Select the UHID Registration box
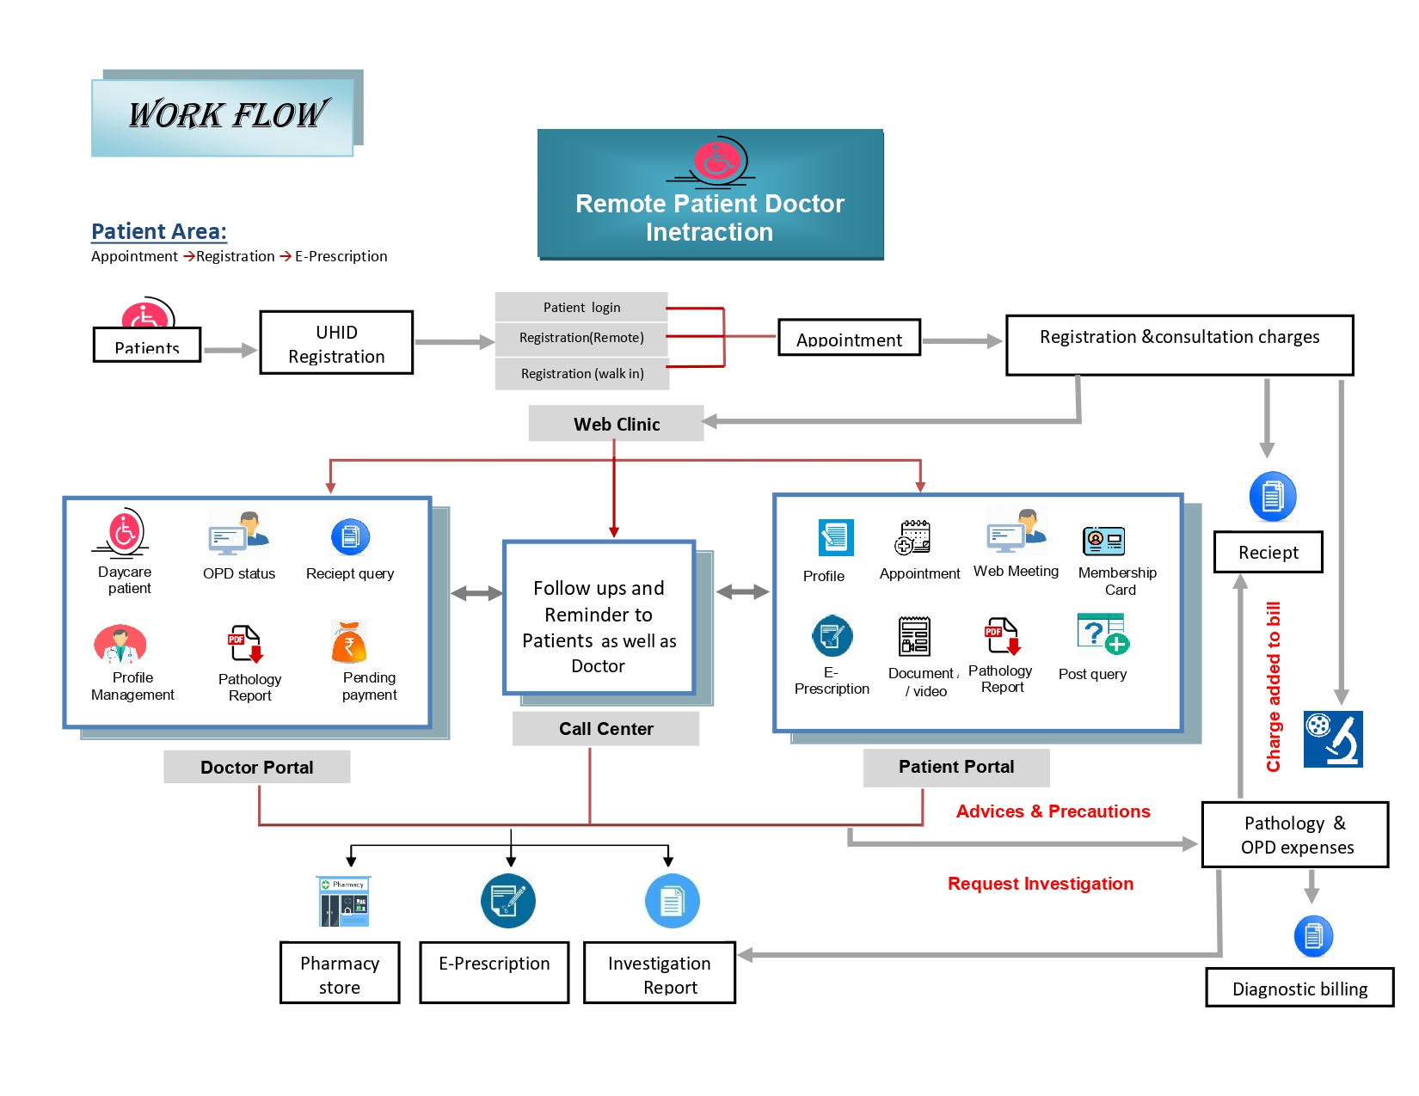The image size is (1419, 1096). click(x=336, y=343)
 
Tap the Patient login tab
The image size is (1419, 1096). click(x=581, y=307)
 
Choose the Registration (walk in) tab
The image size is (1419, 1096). click(x=582, y=373)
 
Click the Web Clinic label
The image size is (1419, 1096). click(x=616, y=424)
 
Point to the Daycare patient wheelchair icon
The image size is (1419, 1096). click(x=124, y=533)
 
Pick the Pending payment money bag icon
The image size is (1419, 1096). click(x=349, y=642)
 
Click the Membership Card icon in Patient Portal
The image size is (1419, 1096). click(x=1103, y=541)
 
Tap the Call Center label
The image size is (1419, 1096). click(x=605, y=729)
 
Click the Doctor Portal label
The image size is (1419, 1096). click(x=256, y=767)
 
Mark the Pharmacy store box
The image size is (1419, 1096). click(x=340, y=974)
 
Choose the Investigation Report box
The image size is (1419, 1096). click(x=660, y=974)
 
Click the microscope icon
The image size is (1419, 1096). click(x=1332, y=738)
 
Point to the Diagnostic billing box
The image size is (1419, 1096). click(x=1299, y=989)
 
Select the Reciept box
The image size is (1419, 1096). click(x=1268, y=553)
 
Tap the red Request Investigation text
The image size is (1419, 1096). click(x=1040, y=884)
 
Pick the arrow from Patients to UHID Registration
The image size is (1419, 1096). click(x=230, y=350)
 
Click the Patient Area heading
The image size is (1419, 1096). click(x=159, y=231)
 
